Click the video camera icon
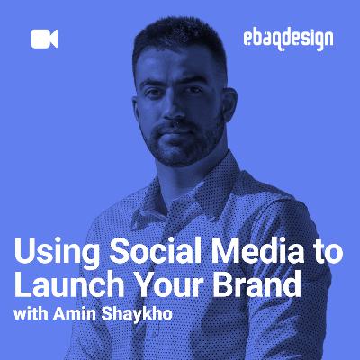(x=44, y=39)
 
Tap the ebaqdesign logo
(x=288, y=39)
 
